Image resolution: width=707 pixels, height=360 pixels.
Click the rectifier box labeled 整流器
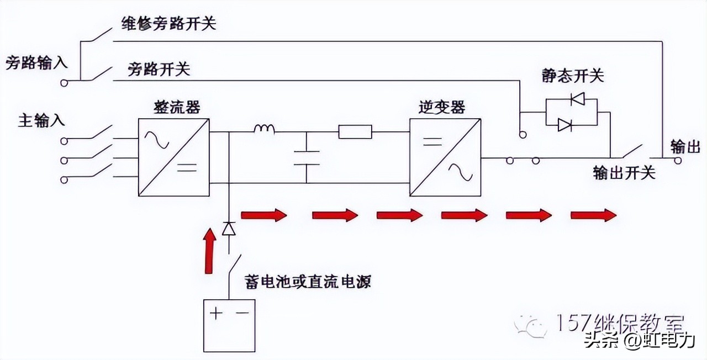pyautogui.click(x=173, y=157)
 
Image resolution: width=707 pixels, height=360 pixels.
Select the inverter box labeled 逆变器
pyautogui.click(x=445, y=157)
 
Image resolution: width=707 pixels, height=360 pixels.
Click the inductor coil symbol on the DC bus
pyautogui.click(x=265, y=130)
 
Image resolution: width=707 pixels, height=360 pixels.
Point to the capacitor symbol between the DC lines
pyautogui.click(x=307, y=157)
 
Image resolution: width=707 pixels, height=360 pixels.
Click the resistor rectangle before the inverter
pyautogui.click(x=355, y=132)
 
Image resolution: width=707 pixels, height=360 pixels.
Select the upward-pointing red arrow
pyautogui.click(x=209, y=251)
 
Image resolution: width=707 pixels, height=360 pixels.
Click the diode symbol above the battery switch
pyautogui.click(x=229, y=228)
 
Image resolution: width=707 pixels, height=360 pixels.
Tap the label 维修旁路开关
pyautogui.click(x=168, y=24)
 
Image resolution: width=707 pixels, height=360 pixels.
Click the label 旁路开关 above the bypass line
pyautogui.click(x=159, y=69)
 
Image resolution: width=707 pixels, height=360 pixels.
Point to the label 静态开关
pyautogui.click(x=573, y=76)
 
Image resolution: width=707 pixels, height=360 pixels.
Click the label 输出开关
pyautogui.click(x=624, y=173)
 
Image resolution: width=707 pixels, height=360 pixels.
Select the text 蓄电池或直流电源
pyautogui.click(x=308, y=282)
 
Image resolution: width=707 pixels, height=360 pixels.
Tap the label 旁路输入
pyautogui.click(x=36, y=62)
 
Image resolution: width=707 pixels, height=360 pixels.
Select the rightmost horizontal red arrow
pyautogui.click(x=593, y=215)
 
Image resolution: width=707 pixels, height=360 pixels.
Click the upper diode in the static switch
pyautogui.click(x=577, y=100)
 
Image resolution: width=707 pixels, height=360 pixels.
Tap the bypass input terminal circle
pyautogui.click(x=65, y=82)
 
